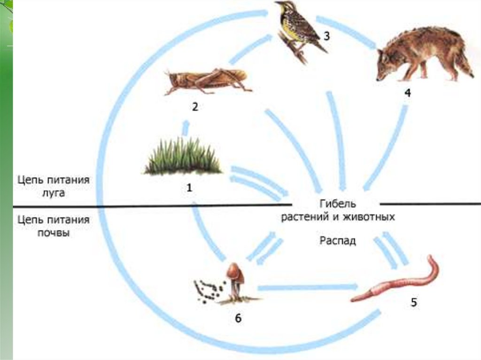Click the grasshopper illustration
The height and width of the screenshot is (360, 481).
click(x=207, y=80)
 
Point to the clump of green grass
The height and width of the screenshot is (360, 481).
click(x=183, y=157)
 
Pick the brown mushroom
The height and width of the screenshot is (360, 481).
click(x=235, y=279)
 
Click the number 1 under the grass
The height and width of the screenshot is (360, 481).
click(x=189, y=188)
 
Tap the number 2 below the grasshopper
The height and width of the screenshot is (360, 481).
click(x=194, y=107)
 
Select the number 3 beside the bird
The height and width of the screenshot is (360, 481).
click(x=326, y=36)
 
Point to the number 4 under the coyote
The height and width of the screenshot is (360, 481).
click(x=407, y=93)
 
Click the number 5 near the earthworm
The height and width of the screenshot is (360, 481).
click(x=414, y=302)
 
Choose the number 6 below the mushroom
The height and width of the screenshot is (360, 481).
click(x=238, y=319)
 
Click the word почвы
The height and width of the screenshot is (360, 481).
click(x=54, y=232)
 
